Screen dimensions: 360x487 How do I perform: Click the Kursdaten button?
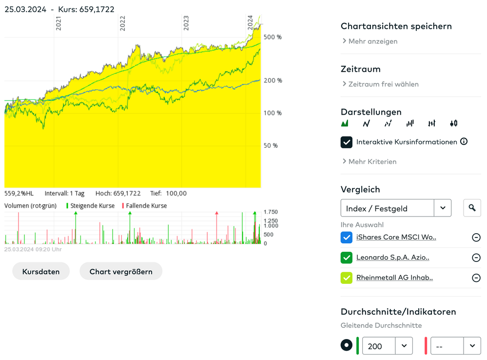[41, 272]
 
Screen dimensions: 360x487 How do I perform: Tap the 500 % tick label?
[273, 37]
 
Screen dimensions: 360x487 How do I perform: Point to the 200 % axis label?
[273, 80]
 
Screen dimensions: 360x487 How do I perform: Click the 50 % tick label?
[271, 145]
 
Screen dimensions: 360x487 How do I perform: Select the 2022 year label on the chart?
[122, 23]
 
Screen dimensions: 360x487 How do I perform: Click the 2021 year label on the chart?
[58, 24]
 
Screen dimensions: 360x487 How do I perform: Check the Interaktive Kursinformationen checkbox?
[347, 142]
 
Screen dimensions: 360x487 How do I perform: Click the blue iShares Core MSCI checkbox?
[347, 238]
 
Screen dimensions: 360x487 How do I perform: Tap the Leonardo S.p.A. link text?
[392, 258]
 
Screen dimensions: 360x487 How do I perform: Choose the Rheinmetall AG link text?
[394, 278]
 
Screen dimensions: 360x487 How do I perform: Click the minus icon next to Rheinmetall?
[476, 278]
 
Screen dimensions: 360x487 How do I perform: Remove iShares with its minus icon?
[476, 238]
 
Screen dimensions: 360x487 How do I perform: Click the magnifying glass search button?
[472, 208]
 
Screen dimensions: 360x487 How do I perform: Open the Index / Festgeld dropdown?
[395, 208]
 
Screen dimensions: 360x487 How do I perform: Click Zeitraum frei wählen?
[383, 84]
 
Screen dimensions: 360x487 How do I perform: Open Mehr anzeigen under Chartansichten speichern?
[372, 41]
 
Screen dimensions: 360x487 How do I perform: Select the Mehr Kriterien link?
[372, 161]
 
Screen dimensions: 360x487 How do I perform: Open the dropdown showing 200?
[387, 346]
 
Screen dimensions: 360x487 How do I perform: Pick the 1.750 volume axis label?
[271, 212]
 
